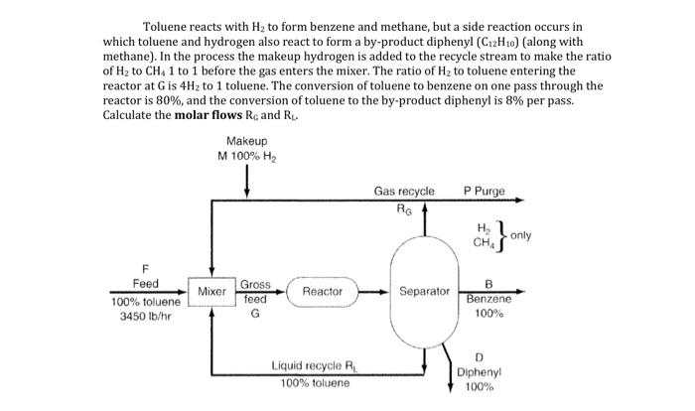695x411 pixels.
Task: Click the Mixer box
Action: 211,292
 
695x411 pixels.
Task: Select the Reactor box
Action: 322,292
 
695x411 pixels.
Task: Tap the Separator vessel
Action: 425,292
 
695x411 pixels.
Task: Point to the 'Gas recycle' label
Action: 403,191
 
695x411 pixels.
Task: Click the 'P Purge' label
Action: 484,191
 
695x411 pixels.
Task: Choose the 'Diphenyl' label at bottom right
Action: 480,372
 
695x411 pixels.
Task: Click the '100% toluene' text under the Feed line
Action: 145,302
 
